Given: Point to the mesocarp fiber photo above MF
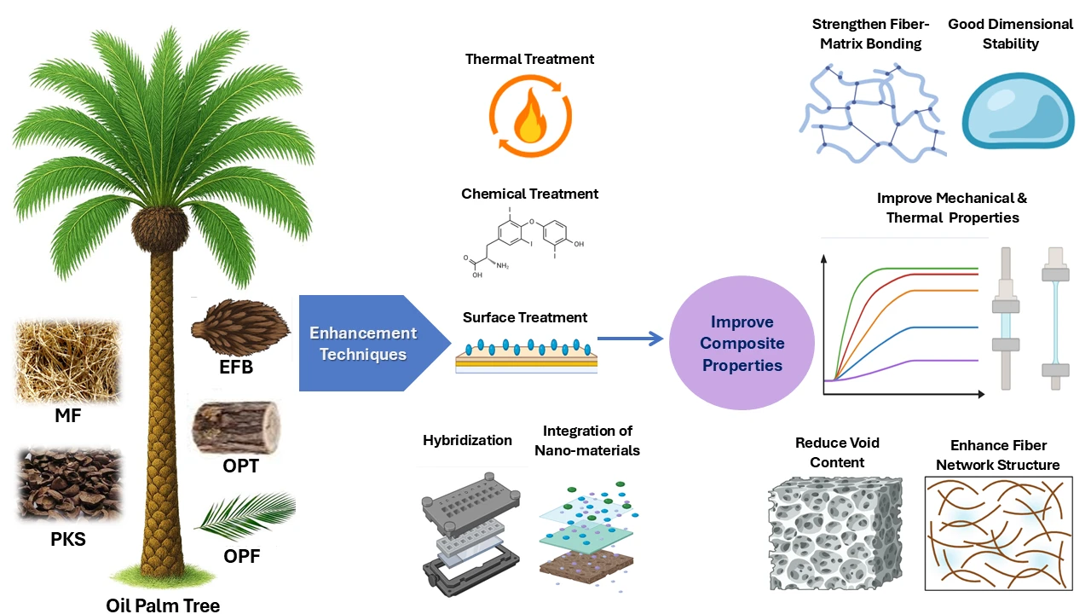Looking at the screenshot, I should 67,361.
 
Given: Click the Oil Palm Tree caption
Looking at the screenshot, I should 163,605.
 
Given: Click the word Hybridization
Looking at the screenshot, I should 467,441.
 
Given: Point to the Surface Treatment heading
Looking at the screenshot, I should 525,317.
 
